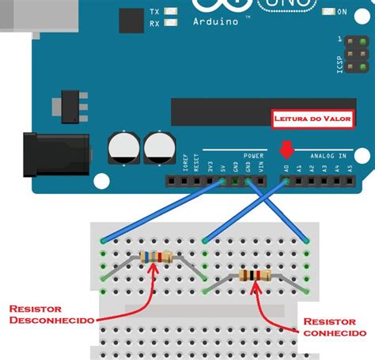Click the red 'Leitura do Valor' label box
click(x=312, y=119)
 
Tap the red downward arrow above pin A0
click(x=286, y=149)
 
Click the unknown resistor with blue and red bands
click(x=155, y=256)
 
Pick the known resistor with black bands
click(x=254, y=275)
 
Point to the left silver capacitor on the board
click(x=125, y=148)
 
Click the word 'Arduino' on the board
click(x=215, y=21)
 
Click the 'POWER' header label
click(x=253, y=156)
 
